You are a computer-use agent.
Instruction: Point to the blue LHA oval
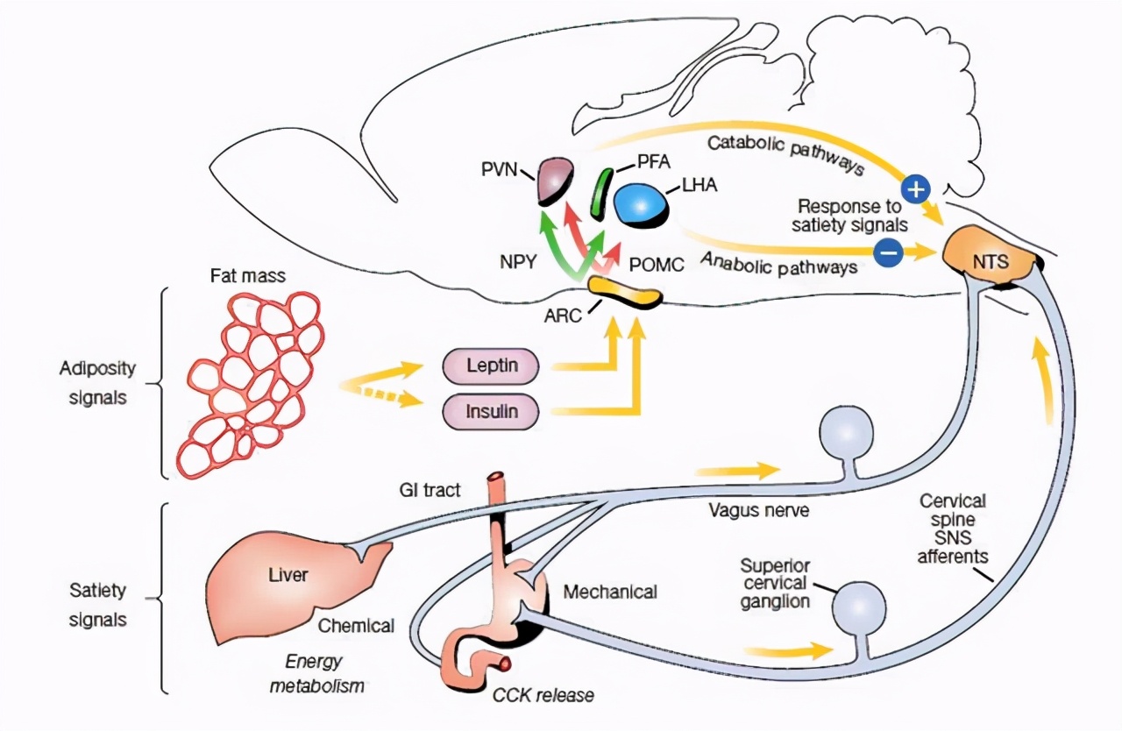tap(642, 203)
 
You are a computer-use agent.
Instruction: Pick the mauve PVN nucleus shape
tap(554, 180)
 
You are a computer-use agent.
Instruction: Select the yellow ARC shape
tap(623, 292)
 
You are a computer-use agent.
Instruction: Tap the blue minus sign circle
tap(888, 252)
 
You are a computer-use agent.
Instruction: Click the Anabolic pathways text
tap(778, 260)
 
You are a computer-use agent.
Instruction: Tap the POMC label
tap(657, 263)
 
